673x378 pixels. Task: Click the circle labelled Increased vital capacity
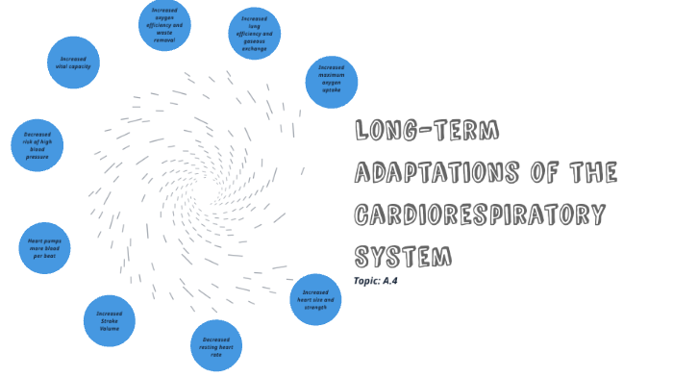coord(73,63)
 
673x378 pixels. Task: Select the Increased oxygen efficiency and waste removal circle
coord(164,26)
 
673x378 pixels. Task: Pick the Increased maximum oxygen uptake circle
coord(331,82)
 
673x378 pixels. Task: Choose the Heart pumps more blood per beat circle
coord(44,248)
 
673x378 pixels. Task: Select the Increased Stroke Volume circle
coord(109,320)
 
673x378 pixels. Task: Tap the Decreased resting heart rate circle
coord(216,346)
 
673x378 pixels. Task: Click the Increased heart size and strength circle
coord(315,299)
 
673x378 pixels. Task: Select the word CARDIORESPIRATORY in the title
coord(480,214)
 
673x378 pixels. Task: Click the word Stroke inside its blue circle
coord(109,320)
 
